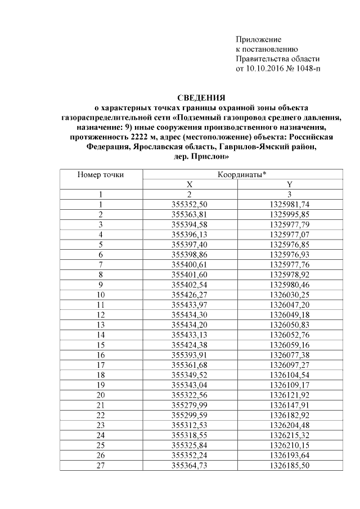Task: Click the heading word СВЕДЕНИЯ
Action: coord(201,97)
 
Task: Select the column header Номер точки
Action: coord(101,175)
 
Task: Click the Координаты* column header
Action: coord(241,175)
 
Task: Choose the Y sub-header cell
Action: coord(290,184)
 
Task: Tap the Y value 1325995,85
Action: coord(290,214)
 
